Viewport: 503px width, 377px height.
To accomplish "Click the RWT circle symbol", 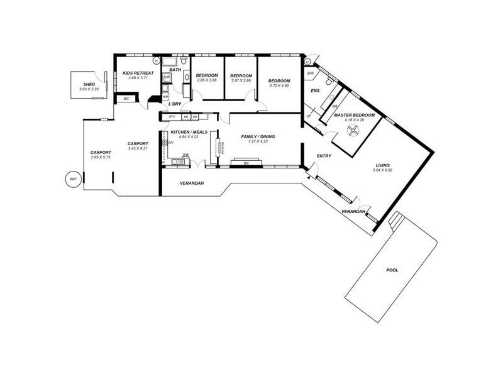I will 73,178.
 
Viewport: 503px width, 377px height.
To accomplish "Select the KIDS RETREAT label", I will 138,73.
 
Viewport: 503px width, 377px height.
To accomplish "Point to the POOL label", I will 392,270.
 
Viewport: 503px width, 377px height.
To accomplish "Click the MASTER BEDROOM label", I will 354,116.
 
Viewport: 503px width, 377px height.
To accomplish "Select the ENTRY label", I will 324,156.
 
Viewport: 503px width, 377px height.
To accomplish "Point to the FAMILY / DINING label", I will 258,136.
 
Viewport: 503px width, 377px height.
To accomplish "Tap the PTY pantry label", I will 172,117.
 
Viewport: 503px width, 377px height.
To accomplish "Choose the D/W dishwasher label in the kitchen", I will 185,155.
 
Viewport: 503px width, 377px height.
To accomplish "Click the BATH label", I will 175,70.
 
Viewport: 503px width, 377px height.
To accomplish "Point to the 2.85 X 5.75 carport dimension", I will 100,157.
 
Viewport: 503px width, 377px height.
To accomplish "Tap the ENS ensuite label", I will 315,90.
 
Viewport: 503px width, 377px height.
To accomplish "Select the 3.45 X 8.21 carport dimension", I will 137,148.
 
